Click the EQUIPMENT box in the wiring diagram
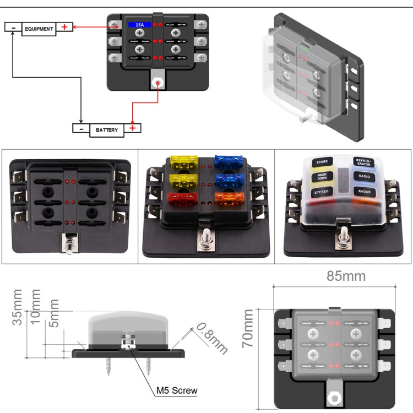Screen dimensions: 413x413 point(39,29)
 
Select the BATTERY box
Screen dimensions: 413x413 point(106,130)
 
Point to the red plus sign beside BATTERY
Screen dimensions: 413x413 point(133,128)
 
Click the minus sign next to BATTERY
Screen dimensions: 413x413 point(81,129)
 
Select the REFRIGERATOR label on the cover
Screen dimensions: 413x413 point(364,162)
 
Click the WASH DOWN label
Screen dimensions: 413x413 point(322,177)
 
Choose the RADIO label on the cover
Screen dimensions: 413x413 point(363,177)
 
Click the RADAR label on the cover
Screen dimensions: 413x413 point(364,192)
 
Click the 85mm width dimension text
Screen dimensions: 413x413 point(346,276)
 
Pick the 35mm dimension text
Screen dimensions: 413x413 point(19,307)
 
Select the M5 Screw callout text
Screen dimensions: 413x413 point(176,391)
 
